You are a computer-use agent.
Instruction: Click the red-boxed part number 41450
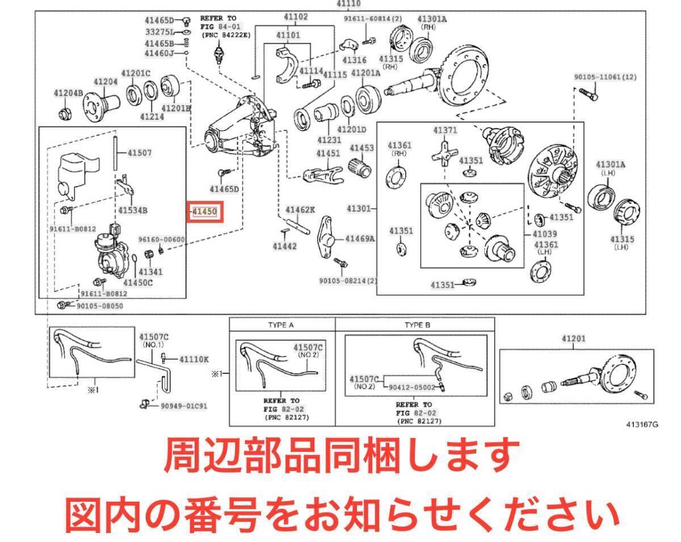click(x=204, y=212)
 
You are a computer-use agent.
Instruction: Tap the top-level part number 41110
click(x=346, y=5)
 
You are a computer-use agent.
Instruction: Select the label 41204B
click(x=68, y=93)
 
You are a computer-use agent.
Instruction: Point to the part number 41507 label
click(x=140, y=153)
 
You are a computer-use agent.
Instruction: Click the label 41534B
click(x=133, y=211)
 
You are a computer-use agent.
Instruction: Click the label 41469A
click(x=360, y=238)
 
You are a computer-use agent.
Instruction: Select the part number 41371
click(x=445, y=130)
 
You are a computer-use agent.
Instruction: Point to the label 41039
click(x=545, y=234)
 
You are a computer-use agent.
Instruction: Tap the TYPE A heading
click(x=281, y=325)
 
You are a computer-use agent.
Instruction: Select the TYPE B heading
click(x=418, y=325)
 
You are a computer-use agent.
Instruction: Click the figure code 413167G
click(x=642, y=423)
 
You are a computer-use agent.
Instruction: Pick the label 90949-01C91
click(x=184, y=406)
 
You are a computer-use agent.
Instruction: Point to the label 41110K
click(x=194, y=359)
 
